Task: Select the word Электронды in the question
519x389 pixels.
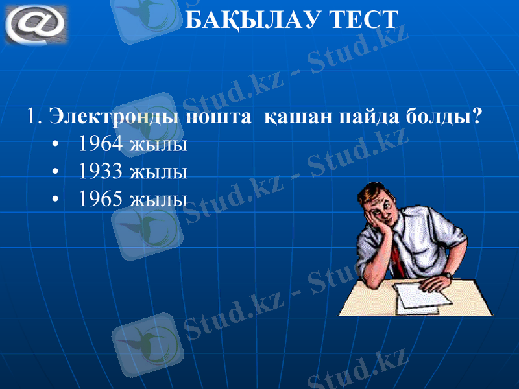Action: (114, 117)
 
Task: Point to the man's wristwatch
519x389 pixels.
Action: (448, 276)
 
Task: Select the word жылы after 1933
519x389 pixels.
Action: (158, 172)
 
